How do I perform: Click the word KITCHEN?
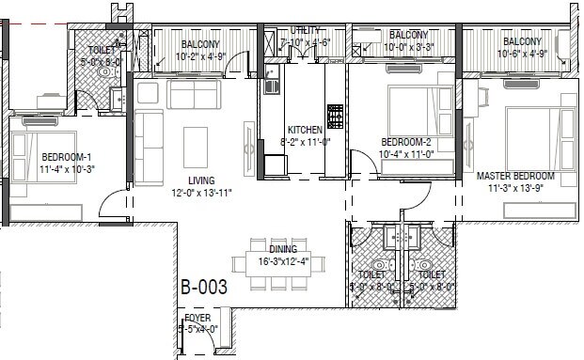coord(305,130)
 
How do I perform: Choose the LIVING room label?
coord(200,180)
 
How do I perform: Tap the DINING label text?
coord(282,250)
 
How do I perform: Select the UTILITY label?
coord(306,31)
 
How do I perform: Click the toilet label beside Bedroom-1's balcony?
coord(101,50)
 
